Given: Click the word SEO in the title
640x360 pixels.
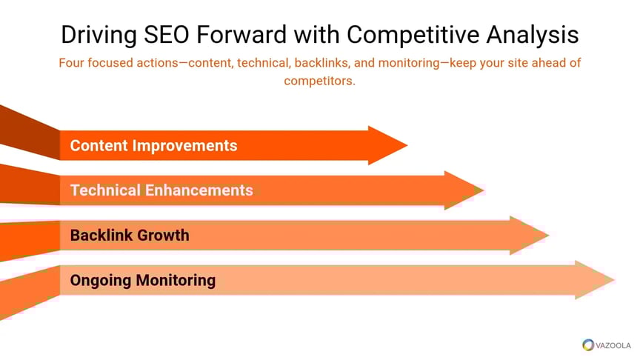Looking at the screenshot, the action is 166,34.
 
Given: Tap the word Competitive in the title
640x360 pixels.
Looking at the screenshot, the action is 413,35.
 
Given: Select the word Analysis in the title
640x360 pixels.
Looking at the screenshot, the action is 533,35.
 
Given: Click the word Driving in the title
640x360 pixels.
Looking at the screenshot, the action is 99,35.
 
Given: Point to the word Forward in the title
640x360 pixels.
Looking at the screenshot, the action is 241,34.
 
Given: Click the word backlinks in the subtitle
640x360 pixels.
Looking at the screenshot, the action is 321,63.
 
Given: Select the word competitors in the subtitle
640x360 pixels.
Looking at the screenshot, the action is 319,81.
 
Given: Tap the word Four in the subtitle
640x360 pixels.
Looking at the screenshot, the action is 71,63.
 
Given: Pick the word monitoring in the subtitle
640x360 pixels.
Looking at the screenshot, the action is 409,63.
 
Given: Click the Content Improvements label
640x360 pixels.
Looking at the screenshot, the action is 153,146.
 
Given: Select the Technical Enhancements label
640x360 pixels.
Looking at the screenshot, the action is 161,190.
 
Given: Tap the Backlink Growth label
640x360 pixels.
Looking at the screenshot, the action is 130,235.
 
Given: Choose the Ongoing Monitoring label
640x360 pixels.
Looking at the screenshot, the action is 143,281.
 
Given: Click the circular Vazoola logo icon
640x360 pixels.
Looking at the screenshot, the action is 588,345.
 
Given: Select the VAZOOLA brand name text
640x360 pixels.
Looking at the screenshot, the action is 613,345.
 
